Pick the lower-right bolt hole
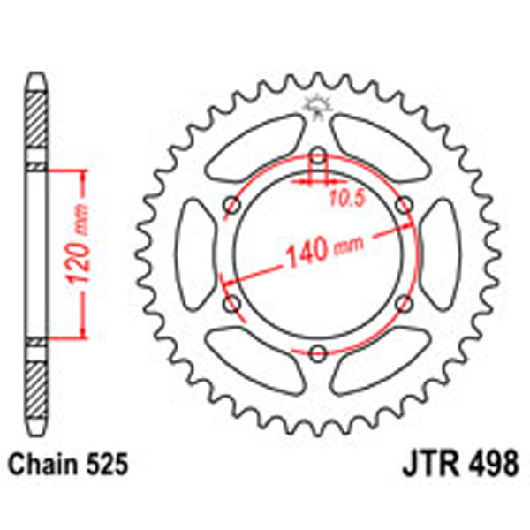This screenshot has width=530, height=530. (x=404, y=305)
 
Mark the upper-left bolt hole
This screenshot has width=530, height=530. (x=232, y=206)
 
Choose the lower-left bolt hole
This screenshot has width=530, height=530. (x=232, y=305)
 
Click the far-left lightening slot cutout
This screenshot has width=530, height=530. (x=196, y=255)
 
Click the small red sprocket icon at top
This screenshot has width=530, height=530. (x=317, y=106)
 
